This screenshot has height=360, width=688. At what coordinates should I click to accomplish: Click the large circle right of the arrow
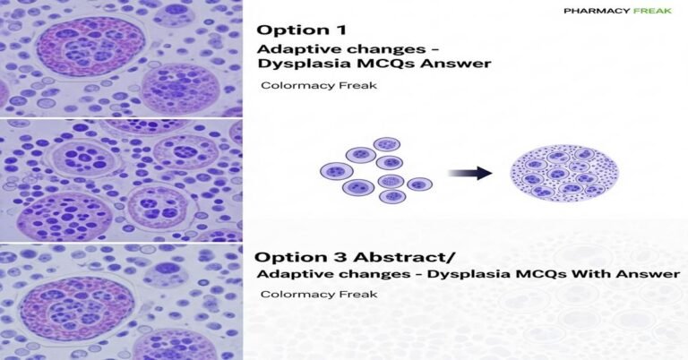pyautogui.click(x=561, y=171)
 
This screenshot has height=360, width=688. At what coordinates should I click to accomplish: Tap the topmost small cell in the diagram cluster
pyautogui.click(x=386, y=143)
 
